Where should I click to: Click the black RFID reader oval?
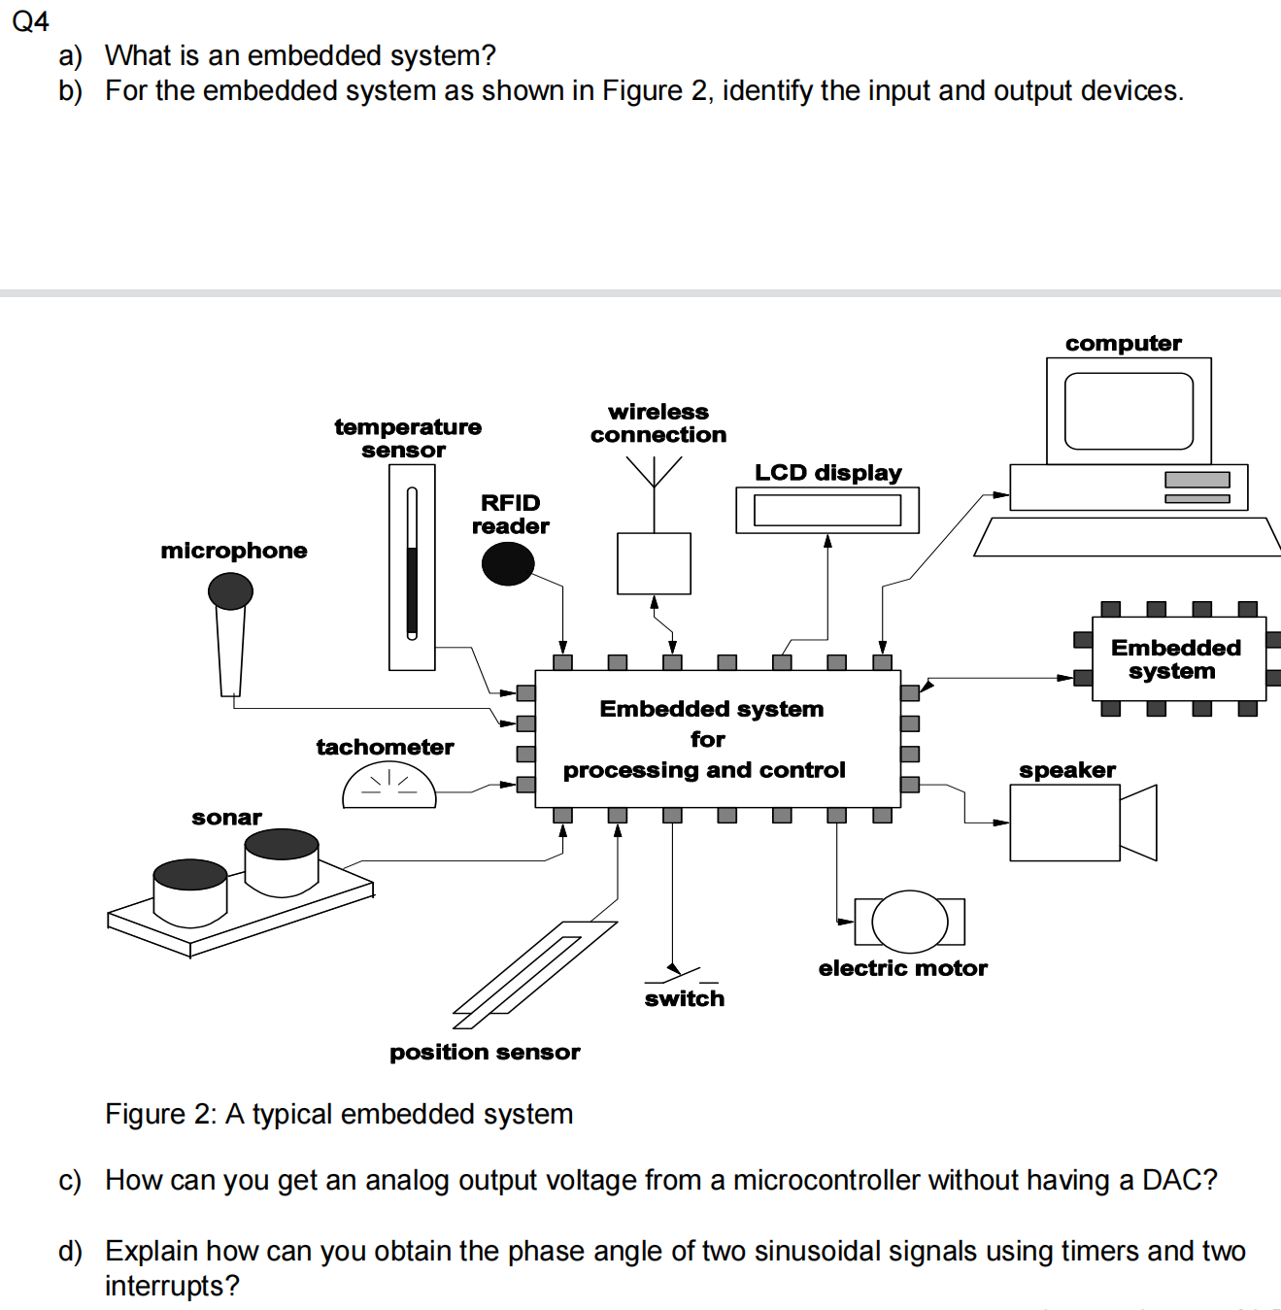click(x=508, y=564)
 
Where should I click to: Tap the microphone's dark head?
click(x=231, y=590)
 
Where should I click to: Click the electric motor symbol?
click(x=909, y=922)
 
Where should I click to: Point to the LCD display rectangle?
click(x=827, y=510)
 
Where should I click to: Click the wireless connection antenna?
click(x=654, y=476)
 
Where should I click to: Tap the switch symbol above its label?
click(x=686, y=973)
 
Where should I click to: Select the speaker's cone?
click(x=1139, y=823)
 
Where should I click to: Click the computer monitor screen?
click(x=1129, y=411)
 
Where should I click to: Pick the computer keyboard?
click(x=1127, y=537)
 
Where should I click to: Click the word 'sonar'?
click(x=226, y=818)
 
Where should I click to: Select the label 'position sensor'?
click(x=485, y=1053)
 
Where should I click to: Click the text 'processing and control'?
click(x=704, y=770)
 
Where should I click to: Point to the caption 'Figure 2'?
click(x=161, y=1114)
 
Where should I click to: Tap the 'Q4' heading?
click(x=30, y=21)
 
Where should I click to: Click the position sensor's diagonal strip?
click(x=533, y=975)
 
